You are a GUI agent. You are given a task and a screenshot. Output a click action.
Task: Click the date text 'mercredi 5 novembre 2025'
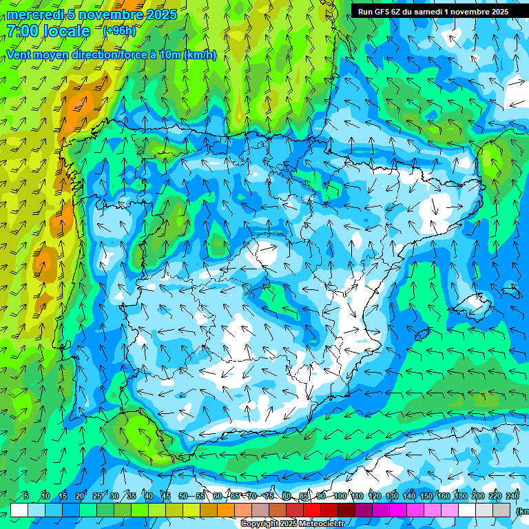(92, 15)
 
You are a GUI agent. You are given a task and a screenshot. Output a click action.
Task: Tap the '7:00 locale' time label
(49, 31)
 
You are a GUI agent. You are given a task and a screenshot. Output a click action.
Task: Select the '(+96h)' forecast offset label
(119, 31)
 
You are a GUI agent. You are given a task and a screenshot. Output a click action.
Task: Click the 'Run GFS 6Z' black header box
(433, 11)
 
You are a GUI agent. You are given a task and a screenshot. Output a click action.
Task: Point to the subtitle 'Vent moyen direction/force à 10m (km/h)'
(112, 55)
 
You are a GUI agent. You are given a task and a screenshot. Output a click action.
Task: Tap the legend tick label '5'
(26, 497)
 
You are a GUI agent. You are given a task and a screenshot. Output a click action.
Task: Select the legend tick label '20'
(80, 497)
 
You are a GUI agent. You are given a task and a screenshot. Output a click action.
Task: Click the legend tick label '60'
(218, 497)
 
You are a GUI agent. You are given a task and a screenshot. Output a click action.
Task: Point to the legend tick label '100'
(340, 497)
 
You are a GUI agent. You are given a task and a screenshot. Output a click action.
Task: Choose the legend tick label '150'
(426, 497)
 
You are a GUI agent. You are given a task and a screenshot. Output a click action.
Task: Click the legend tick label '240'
(512, 497)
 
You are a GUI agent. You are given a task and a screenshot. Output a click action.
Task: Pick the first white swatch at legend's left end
(19, 510)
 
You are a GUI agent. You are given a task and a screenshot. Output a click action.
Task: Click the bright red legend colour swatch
(312, 510)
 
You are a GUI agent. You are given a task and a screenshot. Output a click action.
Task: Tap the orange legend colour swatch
(226, 510)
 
